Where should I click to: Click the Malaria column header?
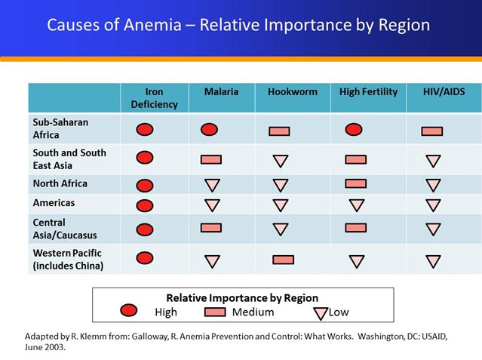coord(221,92)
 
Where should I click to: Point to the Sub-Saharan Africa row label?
coord(59,128)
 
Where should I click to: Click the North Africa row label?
coord(60,183)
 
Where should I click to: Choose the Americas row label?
coord(54,203)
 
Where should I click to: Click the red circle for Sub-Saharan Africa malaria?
coord(210,129)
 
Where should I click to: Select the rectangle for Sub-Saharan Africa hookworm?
coord(279,131)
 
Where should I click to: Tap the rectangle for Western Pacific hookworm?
coord(284,260)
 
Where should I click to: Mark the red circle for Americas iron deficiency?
coord(145,205)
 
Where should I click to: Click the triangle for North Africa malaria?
coord(212,185)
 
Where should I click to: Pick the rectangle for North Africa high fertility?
coord(355,183)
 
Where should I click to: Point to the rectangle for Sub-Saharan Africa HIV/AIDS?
coord(432,131)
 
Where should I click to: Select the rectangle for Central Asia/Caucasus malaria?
coord(211,227)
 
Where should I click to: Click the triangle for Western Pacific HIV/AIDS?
coord(433,262)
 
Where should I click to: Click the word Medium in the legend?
coord(253,312)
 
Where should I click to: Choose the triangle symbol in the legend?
coord(320,312)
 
